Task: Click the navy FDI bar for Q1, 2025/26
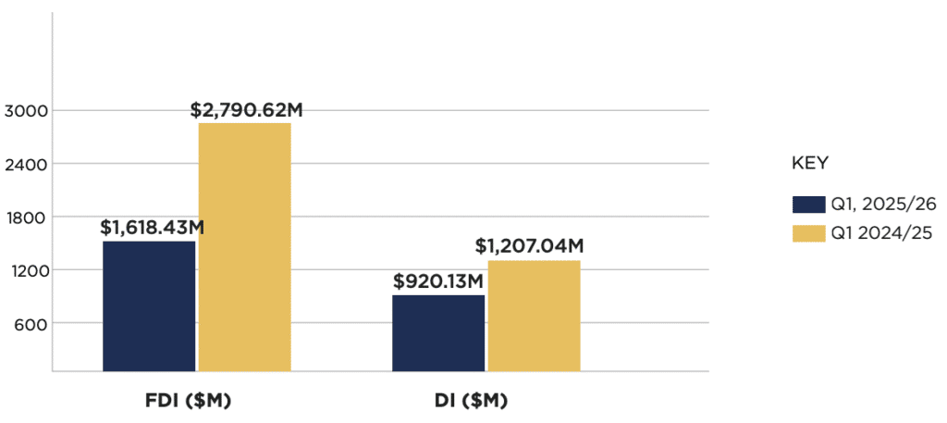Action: point(149,305)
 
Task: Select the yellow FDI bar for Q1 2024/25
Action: point(244,246)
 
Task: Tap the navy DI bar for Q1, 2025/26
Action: point(438,332)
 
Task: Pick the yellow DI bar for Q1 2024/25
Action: point(534,315)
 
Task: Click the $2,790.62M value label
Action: point(247,109)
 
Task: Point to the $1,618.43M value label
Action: point(154,227)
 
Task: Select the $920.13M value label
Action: point(439,280)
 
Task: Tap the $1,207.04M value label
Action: point(529,246)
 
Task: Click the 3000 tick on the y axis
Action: point(22,111)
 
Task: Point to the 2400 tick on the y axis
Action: point(22,164)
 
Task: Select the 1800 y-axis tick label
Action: point(22,218)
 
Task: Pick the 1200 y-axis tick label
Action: point(22,270)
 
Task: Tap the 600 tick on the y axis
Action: point(26,323)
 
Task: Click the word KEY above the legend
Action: point(809,164)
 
